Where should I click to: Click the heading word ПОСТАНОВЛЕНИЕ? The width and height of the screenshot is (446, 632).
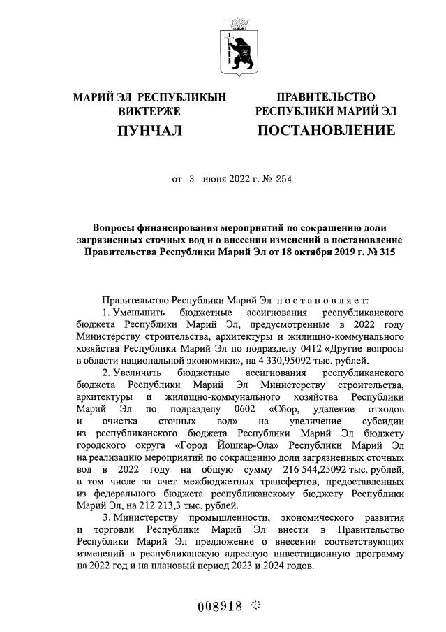[326, 130]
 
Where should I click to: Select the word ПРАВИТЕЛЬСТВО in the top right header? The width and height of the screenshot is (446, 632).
[326, 96]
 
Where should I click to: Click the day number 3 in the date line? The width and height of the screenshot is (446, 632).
[191, 179]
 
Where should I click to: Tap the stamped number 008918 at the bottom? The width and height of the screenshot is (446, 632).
[218, 606]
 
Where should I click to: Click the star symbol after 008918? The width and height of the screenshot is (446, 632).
[256, 605]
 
